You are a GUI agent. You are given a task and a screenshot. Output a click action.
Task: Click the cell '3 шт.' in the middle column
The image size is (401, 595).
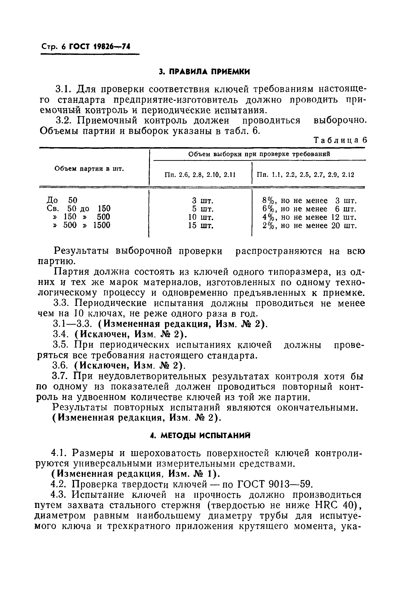(203, 200)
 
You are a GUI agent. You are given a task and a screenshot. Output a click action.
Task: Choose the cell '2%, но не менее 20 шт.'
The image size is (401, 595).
(310, 226)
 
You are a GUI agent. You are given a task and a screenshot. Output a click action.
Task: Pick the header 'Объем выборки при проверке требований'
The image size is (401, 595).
(259, 154)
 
